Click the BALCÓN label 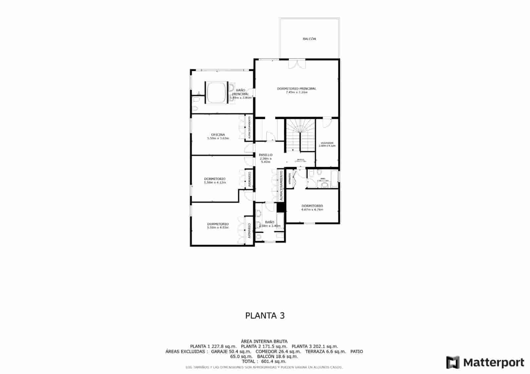(x=309, y=39)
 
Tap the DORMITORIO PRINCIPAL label (x=296, y=89)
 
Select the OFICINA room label (x=218, y=135)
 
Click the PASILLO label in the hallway (x=266, y=155)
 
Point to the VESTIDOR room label (x=327, y=143)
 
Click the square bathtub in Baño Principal (x=217, y=92)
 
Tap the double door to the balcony (x=296, y=64)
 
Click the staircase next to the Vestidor (x=300, y=135)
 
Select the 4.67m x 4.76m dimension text (x=312, y=210)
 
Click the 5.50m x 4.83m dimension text (x=218, y=227)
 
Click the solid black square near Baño (x=281, y=207)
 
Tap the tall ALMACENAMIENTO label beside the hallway (x=281, y=185)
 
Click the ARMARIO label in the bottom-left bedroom (x=249, y=231)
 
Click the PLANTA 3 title (x=265, y=315)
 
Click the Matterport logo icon (x=452, y=362)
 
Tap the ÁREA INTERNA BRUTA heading (x=264, y=341)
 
